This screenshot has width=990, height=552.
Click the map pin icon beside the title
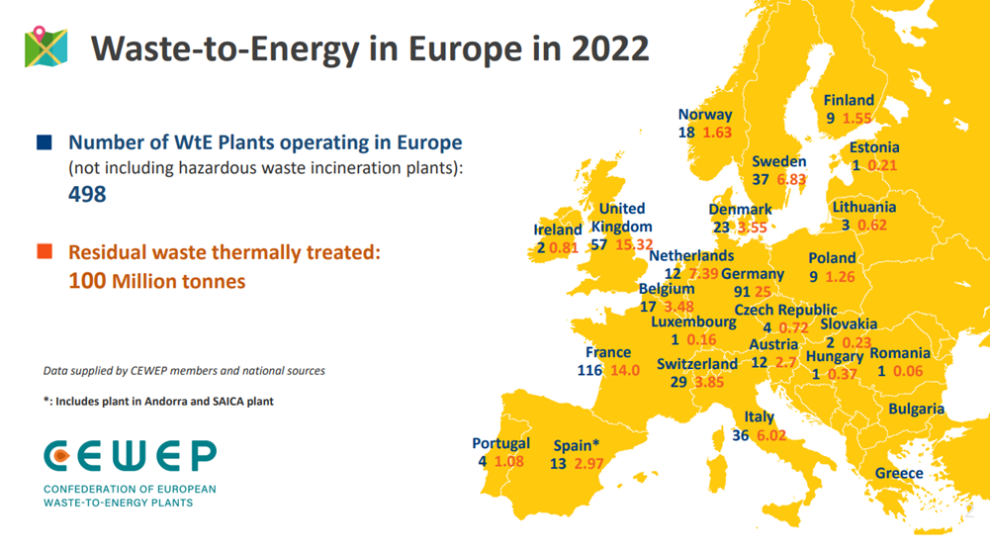click(45, 46)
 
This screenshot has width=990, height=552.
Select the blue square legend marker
click(44, 142)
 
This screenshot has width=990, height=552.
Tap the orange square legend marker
click(44, 252)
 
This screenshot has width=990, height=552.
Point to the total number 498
click(87, 195)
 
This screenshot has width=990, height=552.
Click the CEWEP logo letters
click(130, 456)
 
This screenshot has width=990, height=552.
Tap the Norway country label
click(705, 115)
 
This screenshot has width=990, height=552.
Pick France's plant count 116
click(591, 370)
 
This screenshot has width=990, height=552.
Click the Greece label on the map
click(899, 473)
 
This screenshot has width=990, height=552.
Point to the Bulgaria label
click(916, 409)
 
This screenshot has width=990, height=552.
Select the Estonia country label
click(874, 147)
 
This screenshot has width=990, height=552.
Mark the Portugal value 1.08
click(509, 461)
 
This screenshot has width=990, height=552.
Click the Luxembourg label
click(693, 322)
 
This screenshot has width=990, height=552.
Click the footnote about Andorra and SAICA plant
click(158, 402)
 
